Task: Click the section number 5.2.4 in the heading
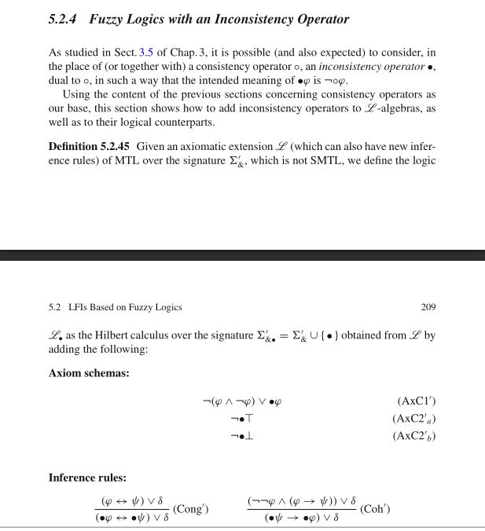click(64, 19)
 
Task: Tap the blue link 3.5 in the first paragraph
click(147, 53)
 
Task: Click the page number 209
click(428, 307)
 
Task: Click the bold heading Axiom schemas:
click(87, 373)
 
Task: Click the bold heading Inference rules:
click(87, 478)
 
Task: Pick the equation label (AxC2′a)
click(413, 419)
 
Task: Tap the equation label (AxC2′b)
click(413, 436)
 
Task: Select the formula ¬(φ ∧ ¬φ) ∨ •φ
click(241, 401)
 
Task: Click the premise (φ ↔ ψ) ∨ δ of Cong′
click(132, 500)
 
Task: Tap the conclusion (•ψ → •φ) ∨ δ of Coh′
click(302, 518)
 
